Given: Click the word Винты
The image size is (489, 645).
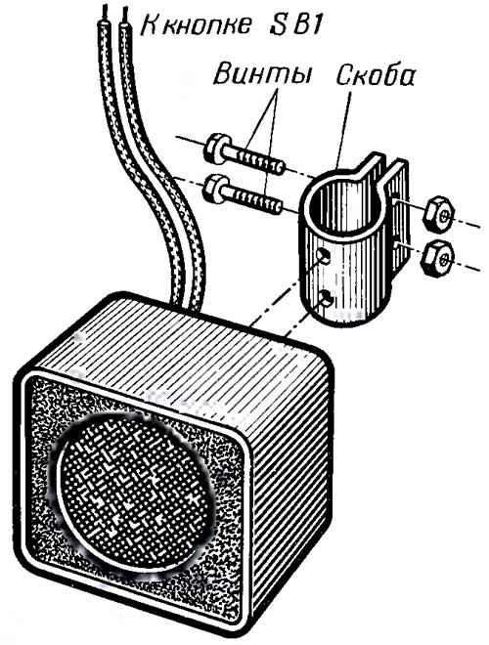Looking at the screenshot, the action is (262, 74).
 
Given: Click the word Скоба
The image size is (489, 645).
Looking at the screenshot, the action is (375, 74).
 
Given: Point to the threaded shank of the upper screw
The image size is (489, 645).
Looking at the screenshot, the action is (254, 159).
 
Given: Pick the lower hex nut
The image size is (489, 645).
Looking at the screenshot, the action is (437, 257).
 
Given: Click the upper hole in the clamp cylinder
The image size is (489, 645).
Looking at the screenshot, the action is (324, 256).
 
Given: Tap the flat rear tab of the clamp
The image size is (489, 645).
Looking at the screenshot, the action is (398, 214).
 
